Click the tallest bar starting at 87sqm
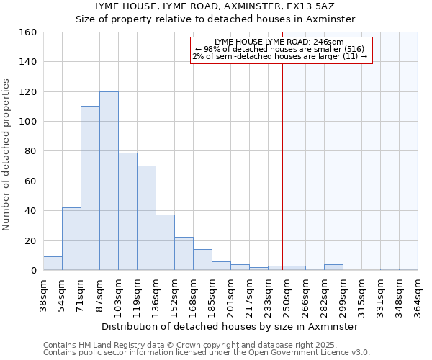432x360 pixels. click(109, 181)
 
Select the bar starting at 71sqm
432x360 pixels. click(90, 188)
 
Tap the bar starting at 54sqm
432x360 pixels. click(71, 238)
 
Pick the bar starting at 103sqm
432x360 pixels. click(127, 211)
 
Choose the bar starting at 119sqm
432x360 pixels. click(146, 218)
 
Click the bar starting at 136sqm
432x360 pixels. click(165, 243)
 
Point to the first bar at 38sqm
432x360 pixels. click(53, 264)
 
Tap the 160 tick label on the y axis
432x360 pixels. click(28, 32)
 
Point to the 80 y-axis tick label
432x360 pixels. click(30, 152)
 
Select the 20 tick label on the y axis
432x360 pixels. click(30, 241)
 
